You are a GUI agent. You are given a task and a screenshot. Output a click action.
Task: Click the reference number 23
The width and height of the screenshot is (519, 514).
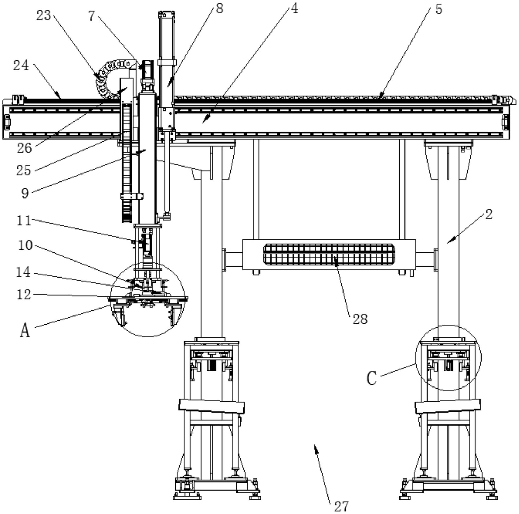tap(44, 15)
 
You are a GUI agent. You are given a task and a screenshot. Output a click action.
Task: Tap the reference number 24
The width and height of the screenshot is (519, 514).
tap(21, 65)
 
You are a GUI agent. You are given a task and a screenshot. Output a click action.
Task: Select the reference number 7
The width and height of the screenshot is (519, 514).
tap(91, 16)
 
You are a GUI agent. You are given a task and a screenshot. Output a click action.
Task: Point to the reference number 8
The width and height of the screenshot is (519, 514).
tap(219, 9)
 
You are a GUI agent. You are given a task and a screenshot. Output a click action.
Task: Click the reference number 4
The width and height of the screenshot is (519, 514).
tap(294, 9)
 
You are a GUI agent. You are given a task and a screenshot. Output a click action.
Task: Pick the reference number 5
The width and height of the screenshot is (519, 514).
tap(438, 9)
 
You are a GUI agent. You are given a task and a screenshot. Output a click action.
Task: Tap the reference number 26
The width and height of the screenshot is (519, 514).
tap(25, 148)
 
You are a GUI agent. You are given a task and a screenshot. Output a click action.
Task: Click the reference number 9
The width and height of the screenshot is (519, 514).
tap(25, 193)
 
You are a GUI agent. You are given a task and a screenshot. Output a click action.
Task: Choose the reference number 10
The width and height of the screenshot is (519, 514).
tap(25, 245)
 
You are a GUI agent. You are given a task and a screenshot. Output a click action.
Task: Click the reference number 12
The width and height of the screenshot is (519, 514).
tap(24, 295)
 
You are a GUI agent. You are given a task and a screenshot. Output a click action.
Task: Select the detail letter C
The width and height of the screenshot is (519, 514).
tap(372, 378)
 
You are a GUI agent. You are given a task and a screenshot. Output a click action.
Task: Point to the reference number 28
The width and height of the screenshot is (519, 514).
tap(360, 319)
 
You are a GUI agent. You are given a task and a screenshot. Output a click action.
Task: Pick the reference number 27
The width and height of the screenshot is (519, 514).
tap(341, 506)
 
